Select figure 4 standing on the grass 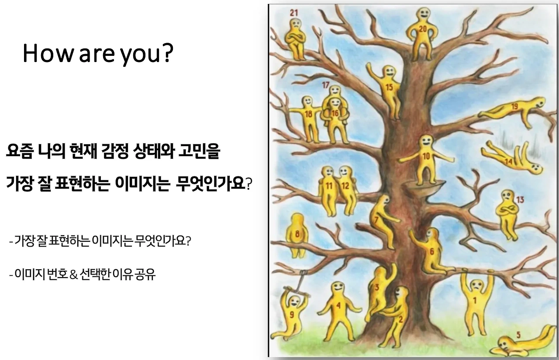[338, 308]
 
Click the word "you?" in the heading [147, 54]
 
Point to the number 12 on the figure [345, 185]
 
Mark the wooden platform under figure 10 [422, 188]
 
